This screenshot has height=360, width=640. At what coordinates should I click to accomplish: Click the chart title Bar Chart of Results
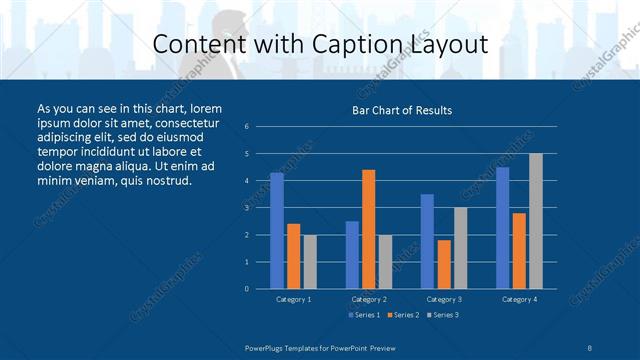pos(402,110)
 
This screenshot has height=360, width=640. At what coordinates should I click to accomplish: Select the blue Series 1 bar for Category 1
pos(277,231)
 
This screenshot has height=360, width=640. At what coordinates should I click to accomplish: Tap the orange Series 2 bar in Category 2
pos(369,229)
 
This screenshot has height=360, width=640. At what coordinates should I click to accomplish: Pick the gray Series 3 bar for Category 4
pos(536,221)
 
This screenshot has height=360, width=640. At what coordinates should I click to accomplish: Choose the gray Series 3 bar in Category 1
pos(309,261)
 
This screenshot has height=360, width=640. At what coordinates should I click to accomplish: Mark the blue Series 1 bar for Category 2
pos(352,255)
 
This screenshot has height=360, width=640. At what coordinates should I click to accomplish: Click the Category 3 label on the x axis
pos(443,299)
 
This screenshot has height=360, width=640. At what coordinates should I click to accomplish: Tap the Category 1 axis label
pos(293,299)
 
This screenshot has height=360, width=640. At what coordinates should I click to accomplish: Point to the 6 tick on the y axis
pos(247,127)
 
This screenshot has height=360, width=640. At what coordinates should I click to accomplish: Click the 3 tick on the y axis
pos(247,208)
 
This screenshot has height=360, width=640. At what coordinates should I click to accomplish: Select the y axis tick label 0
pos(247,289)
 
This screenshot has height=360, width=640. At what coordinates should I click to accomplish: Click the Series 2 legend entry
pos(402,315)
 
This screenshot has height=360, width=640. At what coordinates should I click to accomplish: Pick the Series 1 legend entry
pos(363,315)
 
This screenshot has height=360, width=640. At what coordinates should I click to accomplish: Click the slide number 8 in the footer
pos(591,346)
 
